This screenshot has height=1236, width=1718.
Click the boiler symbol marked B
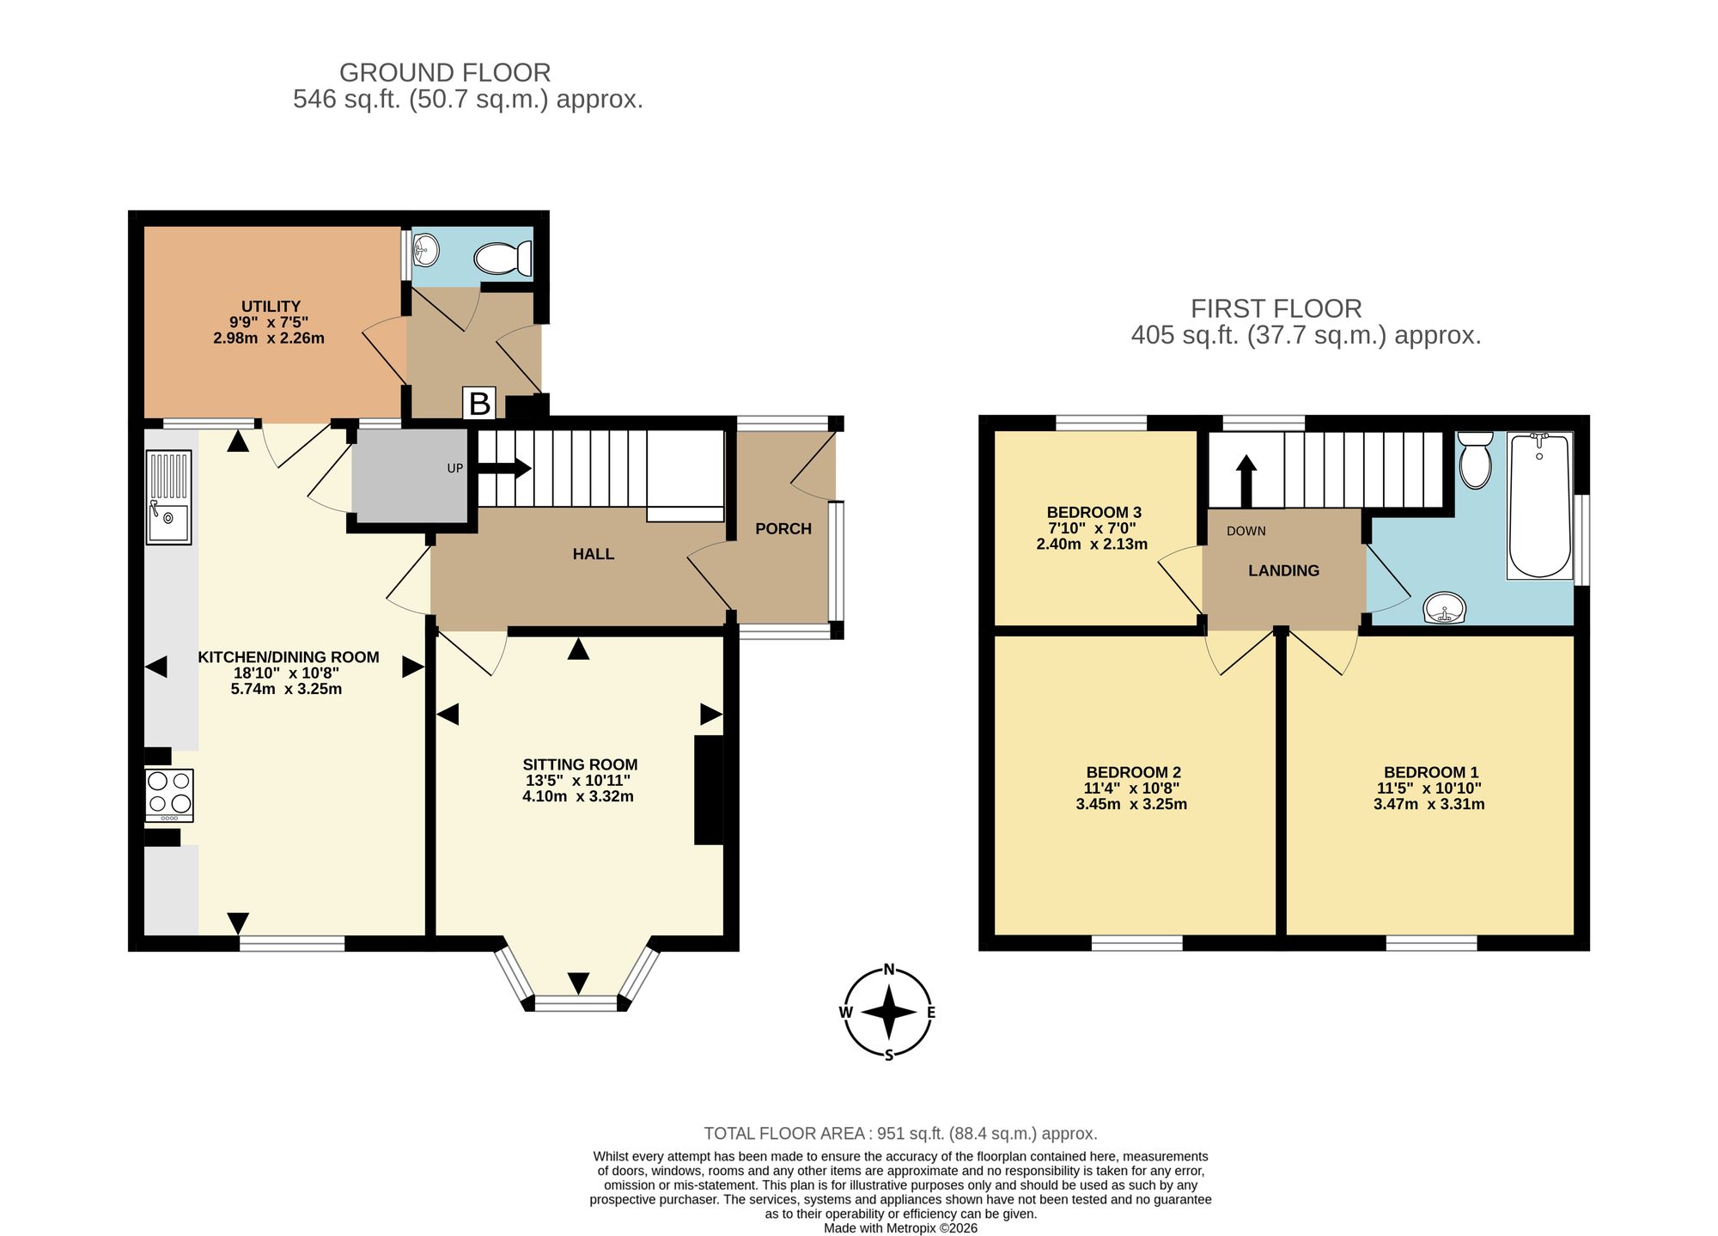(x=479, y=403)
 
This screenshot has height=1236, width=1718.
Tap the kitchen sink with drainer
(x=168, y=497)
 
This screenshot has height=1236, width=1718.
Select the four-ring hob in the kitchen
(x=169, y=795)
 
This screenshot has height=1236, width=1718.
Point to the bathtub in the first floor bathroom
(x=1540, y=505)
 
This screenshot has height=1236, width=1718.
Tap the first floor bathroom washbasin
(x=1445, y=608)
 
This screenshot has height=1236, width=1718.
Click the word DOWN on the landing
(x=1246, y=531)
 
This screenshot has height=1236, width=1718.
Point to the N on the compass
(x=889, y=971)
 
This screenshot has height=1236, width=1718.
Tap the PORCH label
(x=783, y=529)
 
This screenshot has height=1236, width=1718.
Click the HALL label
(x=594, y=554)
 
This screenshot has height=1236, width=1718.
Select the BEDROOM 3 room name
(x=1094, y=513)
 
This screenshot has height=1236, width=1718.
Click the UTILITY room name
(x=271, y=307)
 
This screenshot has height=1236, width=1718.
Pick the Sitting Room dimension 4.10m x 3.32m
(x=578, y=796)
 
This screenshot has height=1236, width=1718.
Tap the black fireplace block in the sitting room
(x=709, y=790)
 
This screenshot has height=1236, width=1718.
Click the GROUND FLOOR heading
(x=445, y=72)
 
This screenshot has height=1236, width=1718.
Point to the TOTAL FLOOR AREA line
(x=900, y=1133)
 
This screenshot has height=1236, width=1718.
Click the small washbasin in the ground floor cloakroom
(x=426, y=252)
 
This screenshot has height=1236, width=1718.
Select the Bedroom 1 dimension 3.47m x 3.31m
(x=1429, y=805)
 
